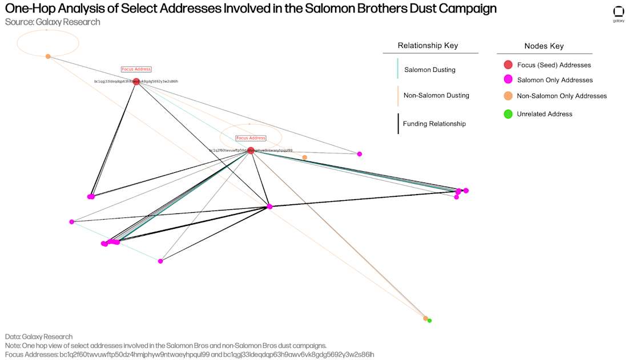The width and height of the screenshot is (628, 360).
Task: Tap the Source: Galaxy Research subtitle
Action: click(x=53, y=22)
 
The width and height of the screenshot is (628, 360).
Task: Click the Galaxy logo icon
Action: click(x=618, y=12)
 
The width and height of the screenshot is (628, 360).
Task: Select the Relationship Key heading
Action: click(x=428, y=46)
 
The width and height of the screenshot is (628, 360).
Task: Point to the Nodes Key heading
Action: click(x=544, y=46)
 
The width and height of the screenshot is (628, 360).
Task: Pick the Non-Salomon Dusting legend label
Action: click(x=436, y=95)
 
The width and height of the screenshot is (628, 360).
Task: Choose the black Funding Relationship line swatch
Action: click(x=397, y=124)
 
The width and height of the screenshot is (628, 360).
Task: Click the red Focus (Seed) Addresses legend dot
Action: click(x=508, y=65)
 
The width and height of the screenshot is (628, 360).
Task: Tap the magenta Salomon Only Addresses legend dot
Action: click(x=508, y=80)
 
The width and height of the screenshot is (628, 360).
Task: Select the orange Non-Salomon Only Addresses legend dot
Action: click(x=508, y=96)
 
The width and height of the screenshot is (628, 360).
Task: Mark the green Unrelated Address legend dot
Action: click(x=508, y=114)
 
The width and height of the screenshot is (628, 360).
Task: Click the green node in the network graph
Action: click(x=429, y=321)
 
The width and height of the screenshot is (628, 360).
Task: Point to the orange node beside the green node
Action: click(x=425, y=318)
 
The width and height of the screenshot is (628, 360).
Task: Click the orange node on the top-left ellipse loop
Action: click(x=48, y=56)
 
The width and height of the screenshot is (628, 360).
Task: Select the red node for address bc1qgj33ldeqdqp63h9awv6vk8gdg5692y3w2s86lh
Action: click(x=136, y=82)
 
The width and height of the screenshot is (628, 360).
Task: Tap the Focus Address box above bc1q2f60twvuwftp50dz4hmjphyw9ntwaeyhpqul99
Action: click(x=251, y=138)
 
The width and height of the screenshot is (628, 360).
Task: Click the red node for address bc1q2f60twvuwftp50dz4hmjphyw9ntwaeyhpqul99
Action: click(x=251, y=151)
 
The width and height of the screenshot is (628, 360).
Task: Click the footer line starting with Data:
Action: click(x=39, y=337)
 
